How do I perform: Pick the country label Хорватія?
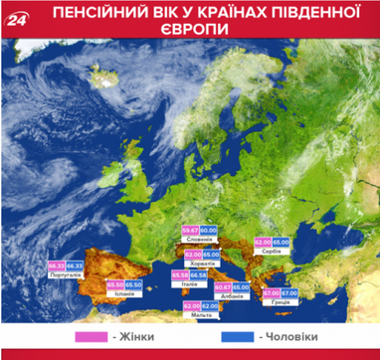[x=201, y=265]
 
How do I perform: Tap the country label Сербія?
[x=275, y=253]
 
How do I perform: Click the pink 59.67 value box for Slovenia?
[x=192, y=232]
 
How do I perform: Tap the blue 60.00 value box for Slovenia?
[x=210, y=232]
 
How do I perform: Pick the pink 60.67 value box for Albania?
[x=223, y=287]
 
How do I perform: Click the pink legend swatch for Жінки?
[x=93, y=339]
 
